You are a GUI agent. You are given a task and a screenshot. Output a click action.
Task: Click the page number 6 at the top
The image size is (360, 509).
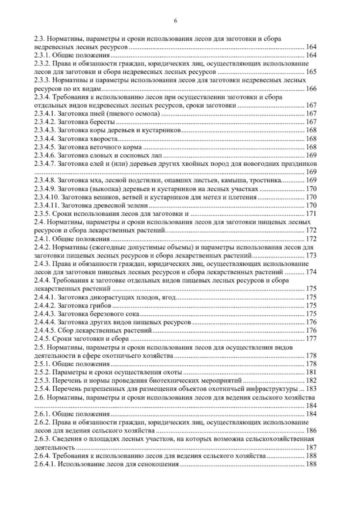pyautogui.click(x=175, y=21)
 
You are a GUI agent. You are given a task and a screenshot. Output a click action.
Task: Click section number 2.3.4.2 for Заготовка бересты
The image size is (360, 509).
pyautogui.click(x=45, y=122)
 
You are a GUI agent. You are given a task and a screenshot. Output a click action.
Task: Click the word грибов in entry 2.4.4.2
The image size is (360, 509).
pyautogui.click(x=100, y=306)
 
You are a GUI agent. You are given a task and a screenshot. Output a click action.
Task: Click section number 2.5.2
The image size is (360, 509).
pyautogui.click(x=42, y=372)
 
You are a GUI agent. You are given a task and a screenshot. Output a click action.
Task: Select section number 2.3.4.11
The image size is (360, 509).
pyautogui.click(x=46, y=206)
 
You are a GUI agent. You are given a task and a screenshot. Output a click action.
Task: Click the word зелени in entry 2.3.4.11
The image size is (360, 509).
pyautogui.click(x=139, y=206)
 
